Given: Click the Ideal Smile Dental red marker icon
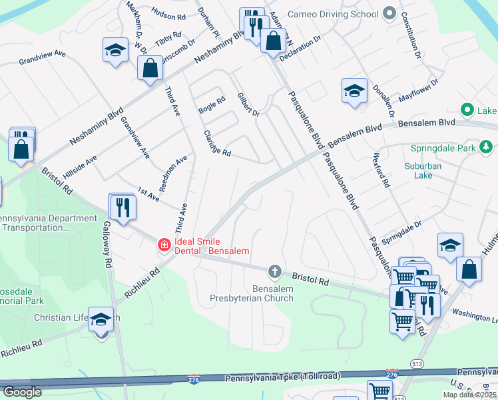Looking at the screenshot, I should click(164, 246).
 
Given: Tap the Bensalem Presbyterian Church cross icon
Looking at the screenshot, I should click(274, 271).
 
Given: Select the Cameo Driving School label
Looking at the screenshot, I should click(332, 14).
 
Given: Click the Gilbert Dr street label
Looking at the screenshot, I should click(248, 105).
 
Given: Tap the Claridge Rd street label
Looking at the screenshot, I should click(217, 143).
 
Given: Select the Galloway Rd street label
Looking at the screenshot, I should click(107, 245).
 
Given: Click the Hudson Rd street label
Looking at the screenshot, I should click(168, 14).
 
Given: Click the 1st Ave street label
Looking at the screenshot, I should click(148, 194).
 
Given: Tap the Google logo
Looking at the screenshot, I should click(22, 392).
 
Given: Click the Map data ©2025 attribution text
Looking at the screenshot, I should click(469, 395).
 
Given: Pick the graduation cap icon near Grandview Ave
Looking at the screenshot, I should click(115, 51).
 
